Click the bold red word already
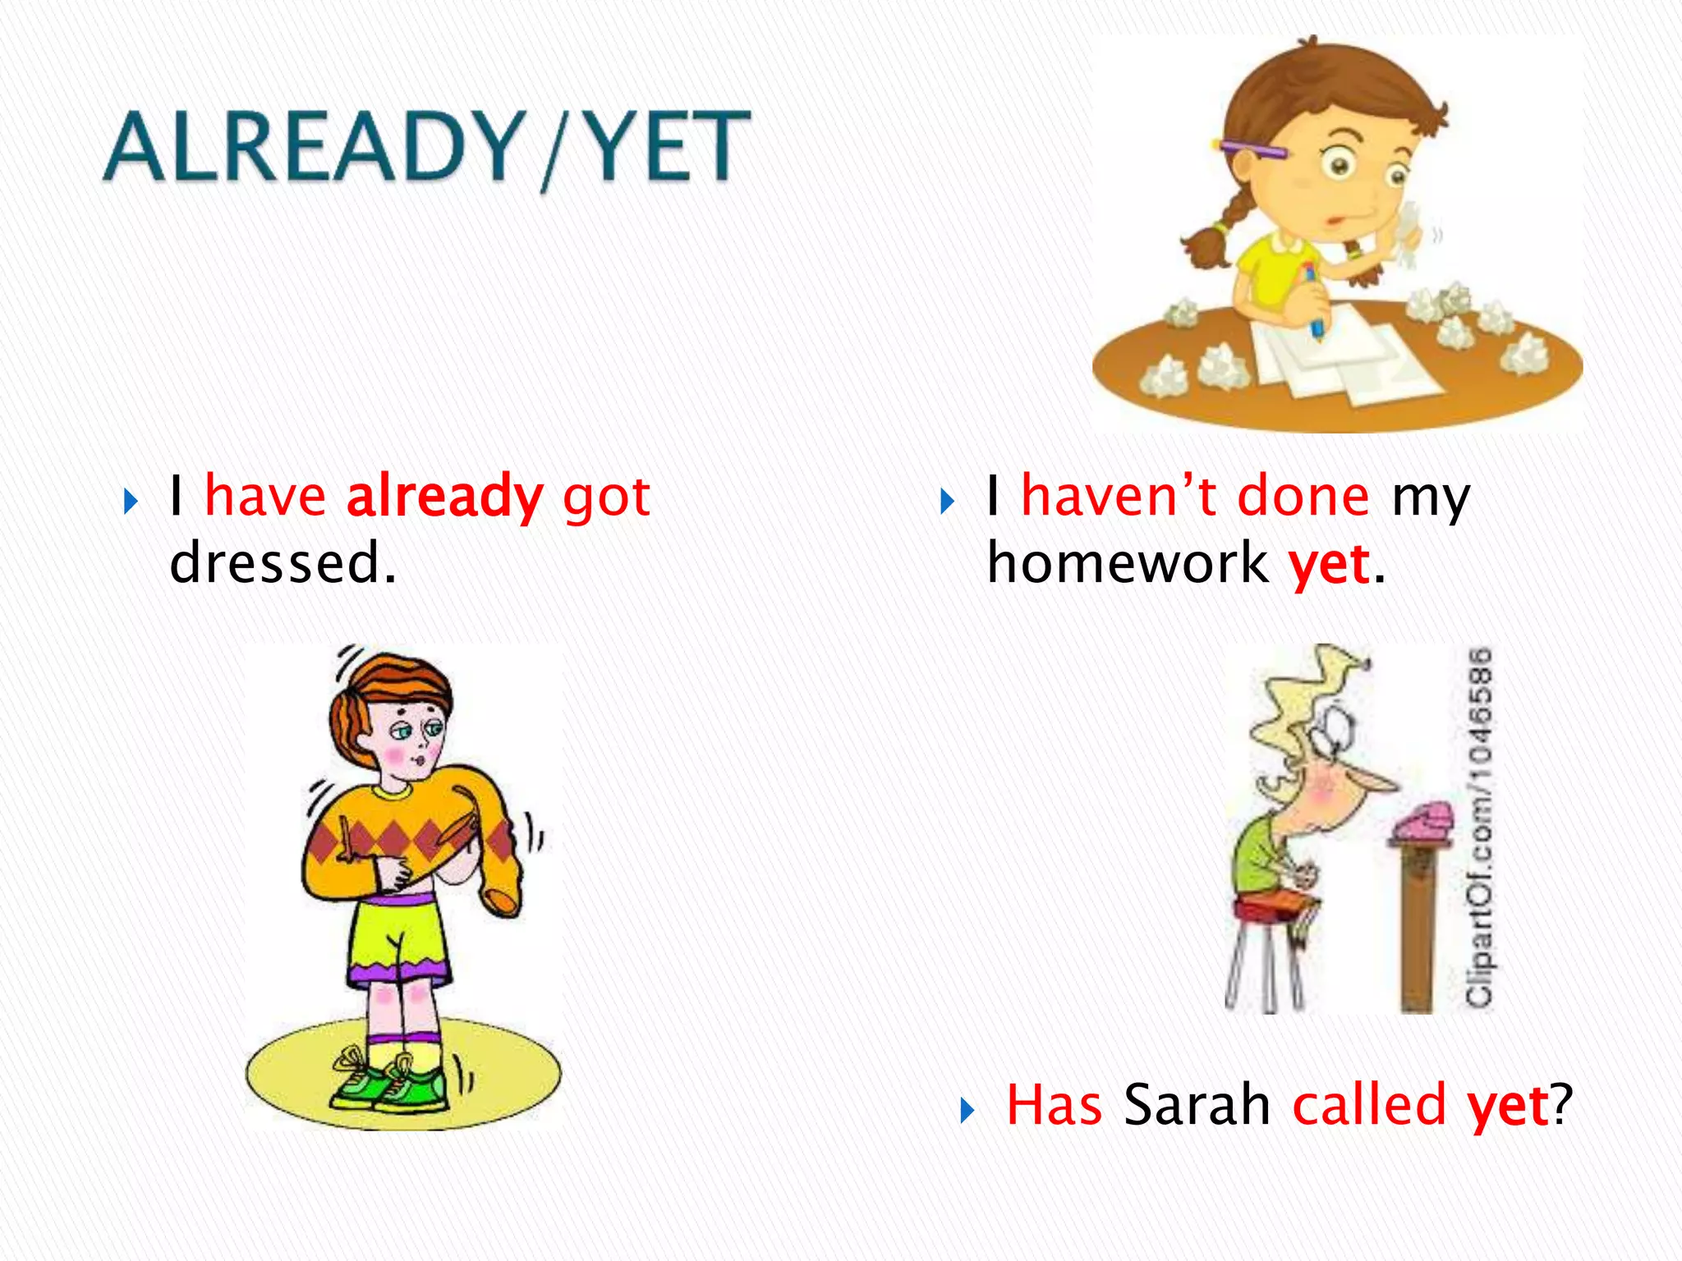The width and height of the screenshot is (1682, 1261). pos(444,497)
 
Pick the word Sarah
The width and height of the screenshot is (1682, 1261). pos(1197,1105)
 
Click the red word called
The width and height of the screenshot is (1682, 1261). pos(1368,1105)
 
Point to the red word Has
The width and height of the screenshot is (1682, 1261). pos(1054,1105)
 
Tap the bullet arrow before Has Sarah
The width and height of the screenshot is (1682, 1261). pos(967,1111)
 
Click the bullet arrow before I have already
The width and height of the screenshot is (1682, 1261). pos(131,502)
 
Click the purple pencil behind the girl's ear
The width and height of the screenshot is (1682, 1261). pos(1252,149)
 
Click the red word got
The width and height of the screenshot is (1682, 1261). pos(606,497)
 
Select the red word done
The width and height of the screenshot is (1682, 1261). pos(1303,496)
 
